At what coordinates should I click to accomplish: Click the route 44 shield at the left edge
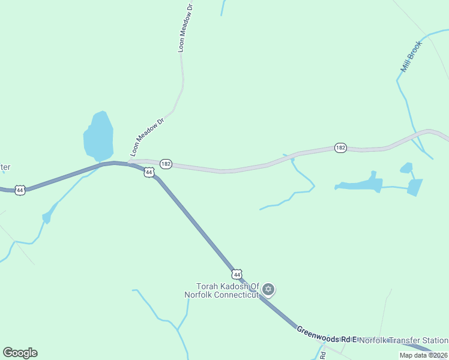coord(20,190)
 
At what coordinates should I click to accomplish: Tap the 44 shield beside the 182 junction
coord(149,172)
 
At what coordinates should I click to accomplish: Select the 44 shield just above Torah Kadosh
coord(238,274)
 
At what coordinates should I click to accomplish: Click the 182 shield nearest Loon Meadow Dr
coord(166,164)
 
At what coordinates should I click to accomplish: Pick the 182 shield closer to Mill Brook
coord(340,148)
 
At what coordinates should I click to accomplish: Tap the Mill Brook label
coord(412,57)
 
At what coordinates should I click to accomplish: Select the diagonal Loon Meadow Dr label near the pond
coord(147,137)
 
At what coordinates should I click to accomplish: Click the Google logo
coord(20,353)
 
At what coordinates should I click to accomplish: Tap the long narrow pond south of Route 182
coord(360,184)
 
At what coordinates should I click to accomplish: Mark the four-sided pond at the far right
coord(415,187)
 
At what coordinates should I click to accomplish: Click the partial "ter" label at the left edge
coord(5,167)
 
